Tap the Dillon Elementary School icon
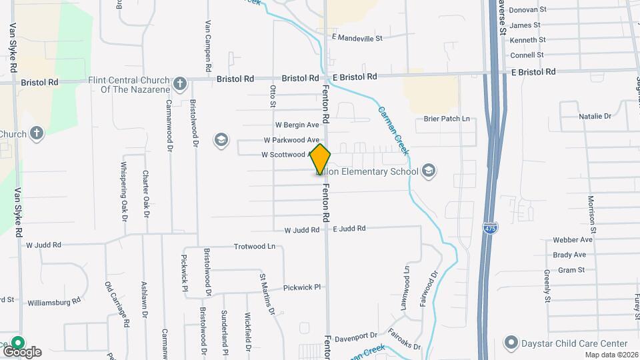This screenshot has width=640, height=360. (x=429, y=171)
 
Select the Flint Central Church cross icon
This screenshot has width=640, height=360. (x=179, y=84)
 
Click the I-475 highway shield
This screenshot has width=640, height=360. (x=490, y=227)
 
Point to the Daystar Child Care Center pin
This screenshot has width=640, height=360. (x=511, y=343)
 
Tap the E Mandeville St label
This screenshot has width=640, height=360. (x=357, y=38)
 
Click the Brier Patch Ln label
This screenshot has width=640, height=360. (x=447, y=119)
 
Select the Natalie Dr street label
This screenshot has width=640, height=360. (x=595, y=116)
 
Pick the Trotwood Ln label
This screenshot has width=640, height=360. (x=254, y=247)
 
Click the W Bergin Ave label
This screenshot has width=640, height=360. (x=297, y=125)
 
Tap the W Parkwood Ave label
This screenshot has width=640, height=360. (x=291, y=140)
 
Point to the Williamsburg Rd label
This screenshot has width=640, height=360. (x=54, y=302)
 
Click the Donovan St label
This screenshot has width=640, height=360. (x=527, y=10)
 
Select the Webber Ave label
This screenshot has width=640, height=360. (x=573, y=240)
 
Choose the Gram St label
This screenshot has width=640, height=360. (x=571, y=270)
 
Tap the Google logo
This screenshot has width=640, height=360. (x=22, y=351)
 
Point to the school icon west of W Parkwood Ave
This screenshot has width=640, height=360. (x=220, y=140)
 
